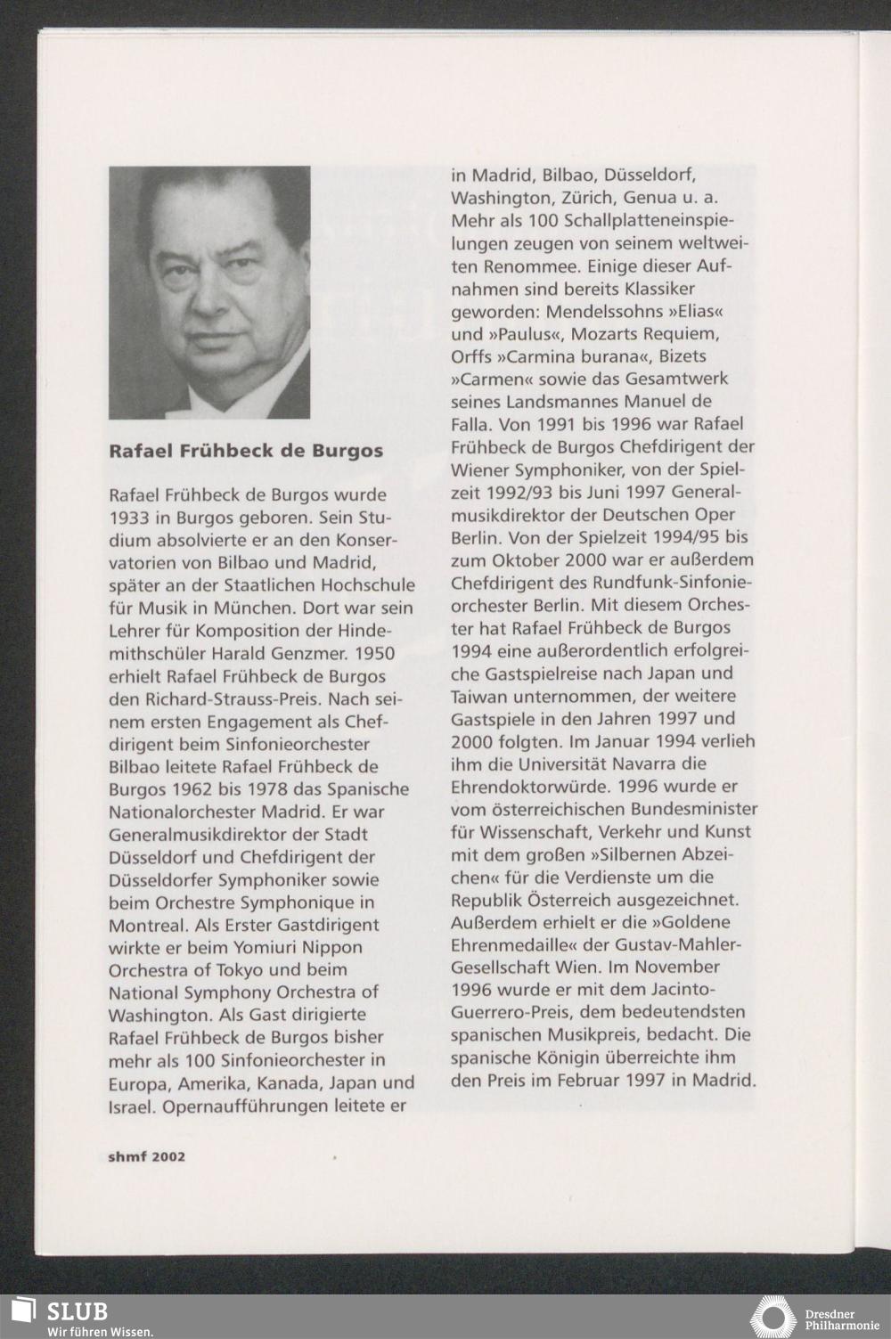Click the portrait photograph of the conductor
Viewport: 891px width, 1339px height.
(x=209, y=292)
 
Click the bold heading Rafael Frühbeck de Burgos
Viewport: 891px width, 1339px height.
(x=246, y=451)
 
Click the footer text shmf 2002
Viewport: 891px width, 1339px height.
(x=147, y=1156)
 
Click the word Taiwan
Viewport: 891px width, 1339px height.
(x=480, y=696)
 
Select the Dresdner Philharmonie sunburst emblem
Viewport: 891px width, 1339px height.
(x=772, y=1317)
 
